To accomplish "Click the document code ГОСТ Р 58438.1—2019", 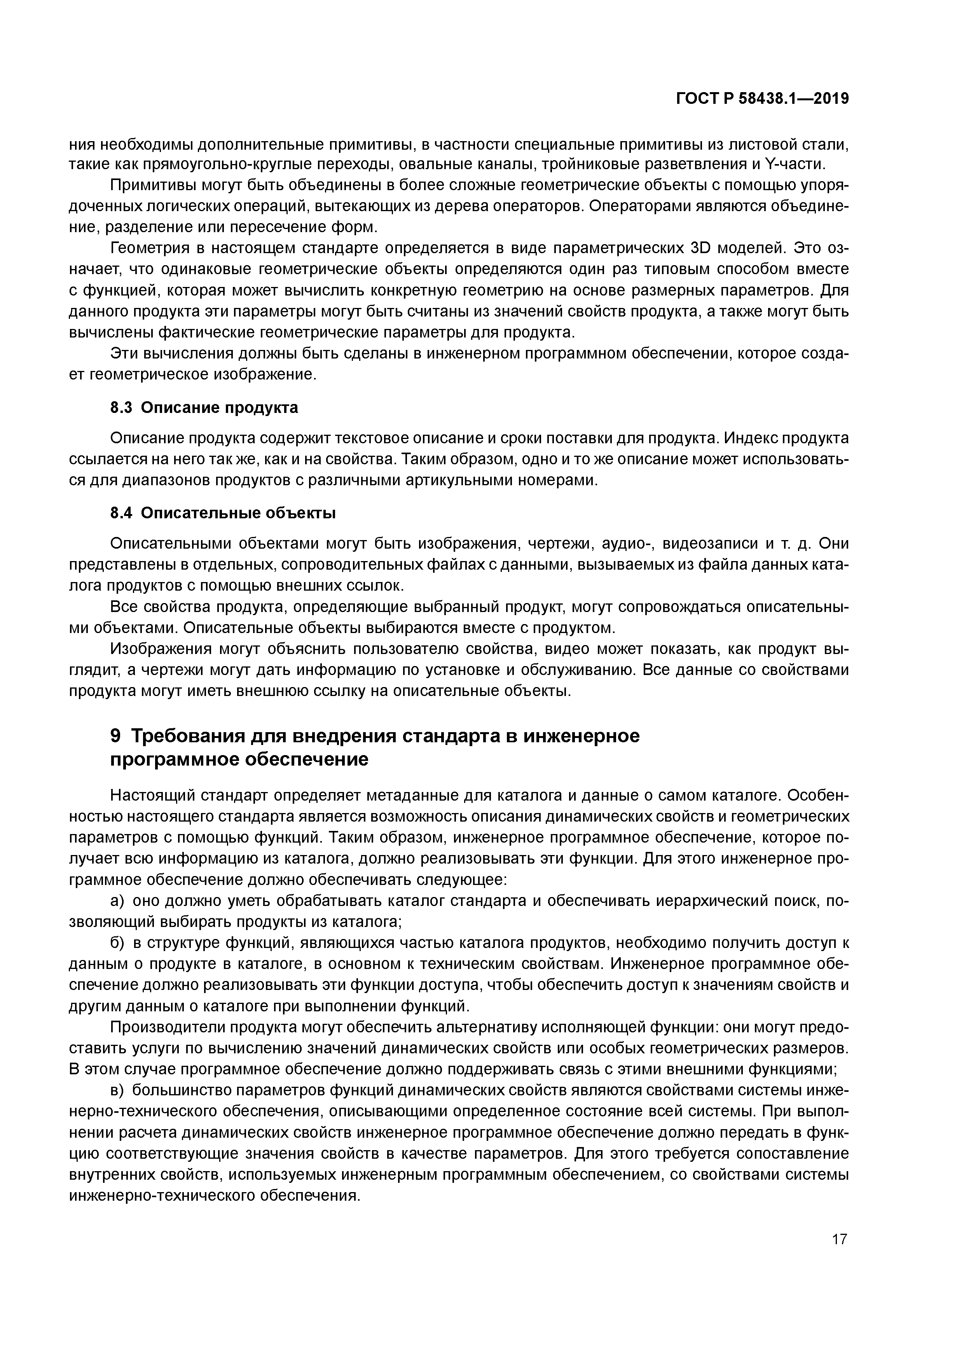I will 763,99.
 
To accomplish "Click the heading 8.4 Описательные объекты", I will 223,513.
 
